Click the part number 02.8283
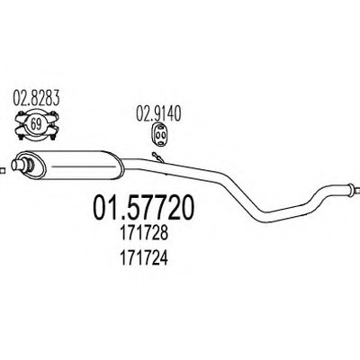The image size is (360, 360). coord(36,98)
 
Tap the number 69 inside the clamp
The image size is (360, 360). coord(36,124)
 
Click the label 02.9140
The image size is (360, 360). coord(158,114)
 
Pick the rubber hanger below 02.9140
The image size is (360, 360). coord(159,134)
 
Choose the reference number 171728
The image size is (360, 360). coord(143,233)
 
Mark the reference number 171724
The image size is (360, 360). coord(143,258)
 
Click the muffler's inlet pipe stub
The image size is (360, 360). coord(18,165)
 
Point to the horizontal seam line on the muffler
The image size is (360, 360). coord(84,166)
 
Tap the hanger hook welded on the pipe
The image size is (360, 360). coord(157,157)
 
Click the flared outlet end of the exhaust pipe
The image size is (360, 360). coord(350,188)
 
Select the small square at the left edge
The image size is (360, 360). coord(2,171)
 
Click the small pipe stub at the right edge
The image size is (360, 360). coord(357,191)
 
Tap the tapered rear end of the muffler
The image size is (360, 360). coord(120,166)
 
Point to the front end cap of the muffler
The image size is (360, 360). coord(30,164)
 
